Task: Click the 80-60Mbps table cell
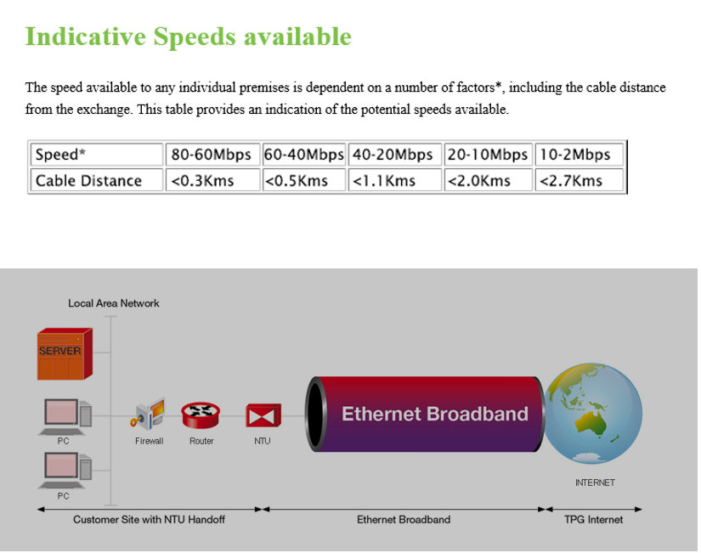212,155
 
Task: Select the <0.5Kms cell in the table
304,180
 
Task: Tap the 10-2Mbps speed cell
579,155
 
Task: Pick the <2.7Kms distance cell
579,180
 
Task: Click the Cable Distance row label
97,180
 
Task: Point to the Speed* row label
97,155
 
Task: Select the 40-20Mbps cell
395,155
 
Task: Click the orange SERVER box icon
65,354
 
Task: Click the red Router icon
201,415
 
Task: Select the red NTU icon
263,415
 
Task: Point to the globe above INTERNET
593,414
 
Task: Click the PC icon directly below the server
65,416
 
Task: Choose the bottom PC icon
65,471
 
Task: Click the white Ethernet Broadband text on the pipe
435,414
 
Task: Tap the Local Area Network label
114,303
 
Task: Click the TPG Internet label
593,520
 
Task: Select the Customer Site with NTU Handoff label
149,520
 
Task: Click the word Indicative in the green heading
85,37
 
